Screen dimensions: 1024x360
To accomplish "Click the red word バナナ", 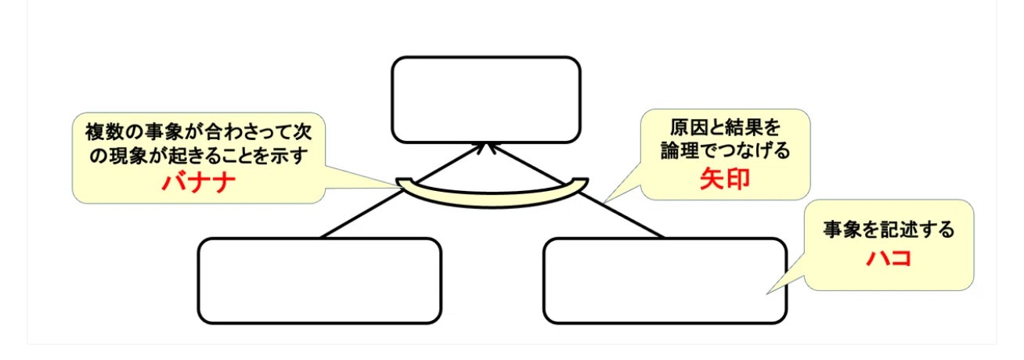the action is pos(199,183).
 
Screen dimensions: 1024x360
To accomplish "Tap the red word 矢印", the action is pos(724,179).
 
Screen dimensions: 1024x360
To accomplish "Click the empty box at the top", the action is pos(485,99).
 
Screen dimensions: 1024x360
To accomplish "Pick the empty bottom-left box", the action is pos(319,280).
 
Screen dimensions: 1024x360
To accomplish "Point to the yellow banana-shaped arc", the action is pos(492,196).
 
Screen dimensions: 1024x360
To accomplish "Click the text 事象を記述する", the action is pos(889,230).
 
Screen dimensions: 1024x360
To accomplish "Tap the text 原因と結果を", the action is pos(726,127).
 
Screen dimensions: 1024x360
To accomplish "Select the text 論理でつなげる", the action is pos(726,151).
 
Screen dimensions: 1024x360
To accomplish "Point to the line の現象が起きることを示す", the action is pos(199,155).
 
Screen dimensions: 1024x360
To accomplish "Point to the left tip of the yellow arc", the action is pos(400,183).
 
